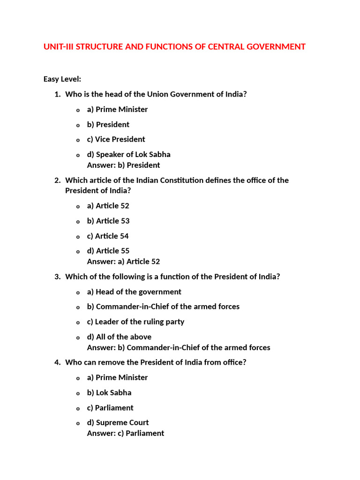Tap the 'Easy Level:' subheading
click(x=62, y=79)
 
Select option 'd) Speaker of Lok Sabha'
click(x=128, y=154)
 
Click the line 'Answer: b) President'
click(x=123, y=165)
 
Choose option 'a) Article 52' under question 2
click(x=108, y=206)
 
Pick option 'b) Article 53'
click(x=108, y=221)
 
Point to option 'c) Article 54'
click(x=108, y=236)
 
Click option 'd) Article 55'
click(x=108, y=251)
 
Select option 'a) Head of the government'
click(x=134, y=292)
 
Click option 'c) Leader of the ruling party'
click(x=135, y=322)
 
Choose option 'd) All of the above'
click(x=119, y=337)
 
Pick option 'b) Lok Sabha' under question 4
click(x=109, y=392)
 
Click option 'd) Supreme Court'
click(x=118, y=422)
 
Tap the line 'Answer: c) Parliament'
click(x=126, y=433)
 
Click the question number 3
click(x=57, y=277)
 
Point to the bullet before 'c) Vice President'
click(x=78, y=140)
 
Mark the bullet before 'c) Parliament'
click(x=78, y=408)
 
